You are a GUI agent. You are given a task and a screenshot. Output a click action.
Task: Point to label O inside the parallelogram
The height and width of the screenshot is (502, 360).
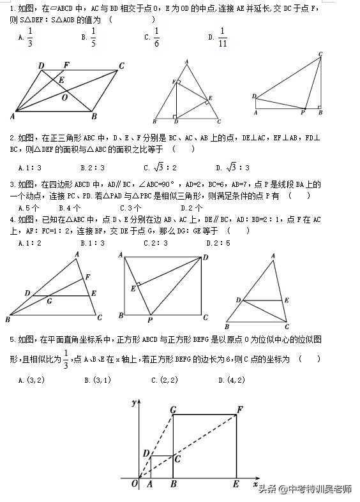pos(64,98)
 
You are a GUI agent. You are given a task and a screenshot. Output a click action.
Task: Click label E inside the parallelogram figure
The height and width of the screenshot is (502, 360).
pos(61,80)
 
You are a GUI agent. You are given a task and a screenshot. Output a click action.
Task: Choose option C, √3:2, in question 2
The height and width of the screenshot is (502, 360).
pos(159,167)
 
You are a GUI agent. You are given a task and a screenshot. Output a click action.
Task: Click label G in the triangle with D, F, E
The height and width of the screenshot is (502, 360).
pos(49,300)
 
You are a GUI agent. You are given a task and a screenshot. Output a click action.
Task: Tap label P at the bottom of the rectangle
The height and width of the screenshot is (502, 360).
pos(150,320)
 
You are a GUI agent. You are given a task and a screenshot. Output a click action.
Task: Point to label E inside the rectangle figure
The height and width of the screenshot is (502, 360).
pos(133,288)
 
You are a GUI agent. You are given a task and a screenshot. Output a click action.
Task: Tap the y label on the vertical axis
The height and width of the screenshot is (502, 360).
pos(132,403)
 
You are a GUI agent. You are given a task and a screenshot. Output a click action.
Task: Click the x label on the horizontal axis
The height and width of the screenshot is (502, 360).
pos(254,485)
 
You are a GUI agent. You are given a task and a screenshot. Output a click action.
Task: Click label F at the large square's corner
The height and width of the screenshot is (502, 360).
pos(239,408)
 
